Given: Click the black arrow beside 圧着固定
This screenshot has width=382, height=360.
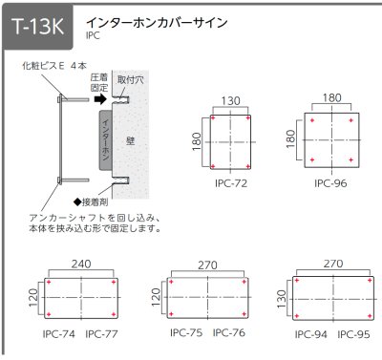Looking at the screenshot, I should [x=97, y=96].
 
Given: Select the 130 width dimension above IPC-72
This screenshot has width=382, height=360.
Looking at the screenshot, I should [x=230, y=98].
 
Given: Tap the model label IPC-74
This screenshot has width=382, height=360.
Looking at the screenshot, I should [x=60, y=333].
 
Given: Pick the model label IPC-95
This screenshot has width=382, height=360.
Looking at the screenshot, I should [x=352, y=334].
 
